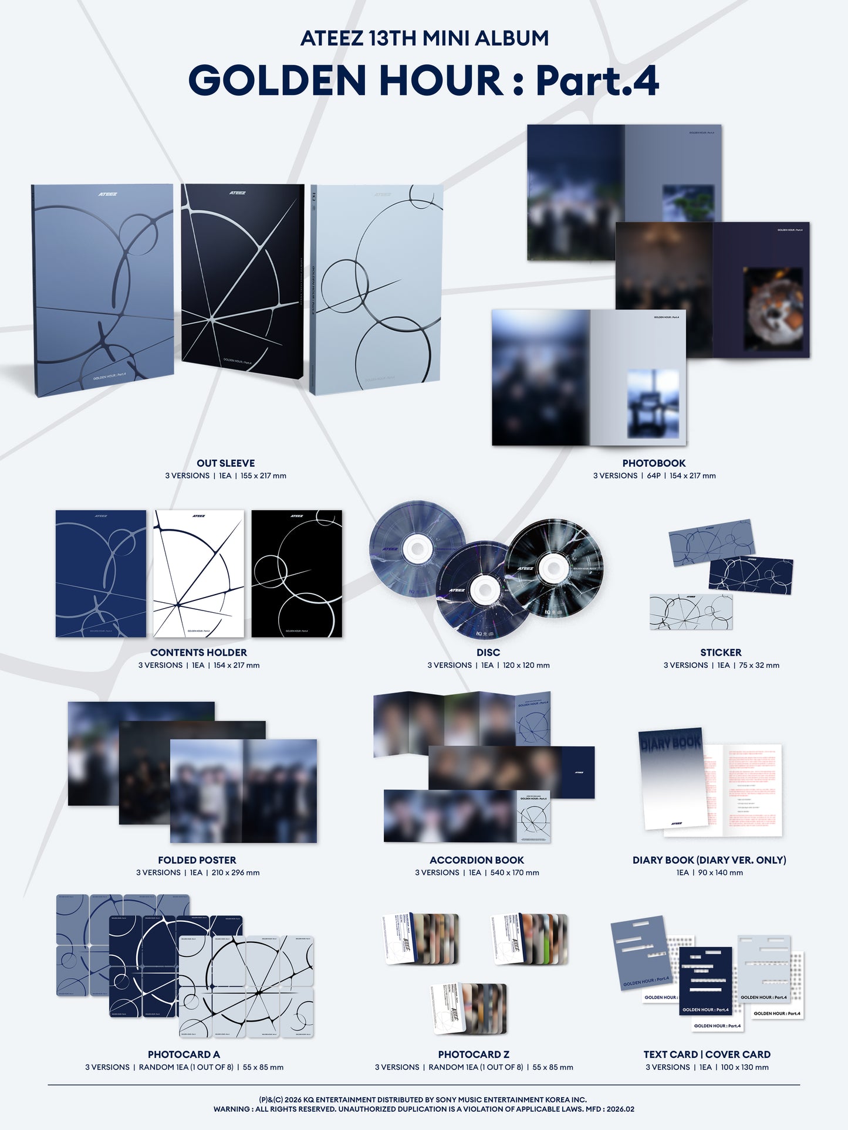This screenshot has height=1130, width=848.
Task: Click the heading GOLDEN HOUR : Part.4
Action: coord(424,80)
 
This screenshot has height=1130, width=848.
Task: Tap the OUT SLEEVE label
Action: coord(225,463)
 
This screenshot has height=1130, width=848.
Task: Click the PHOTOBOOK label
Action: coord(654,463)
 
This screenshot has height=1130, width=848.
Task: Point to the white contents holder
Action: coord(198,574)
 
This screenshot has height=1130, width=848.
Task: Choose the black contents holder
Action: coord(296,574)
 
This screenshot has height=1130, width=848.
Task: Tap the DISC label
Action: coord(488,652)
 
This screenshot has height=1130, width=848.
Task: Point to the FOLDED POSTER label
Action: coord(197,860)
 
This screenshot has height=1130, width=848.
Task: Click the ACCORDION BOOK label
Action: coord(477,860)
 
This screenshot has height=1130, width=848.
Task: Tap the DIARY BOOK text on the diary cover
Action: coord(671,742)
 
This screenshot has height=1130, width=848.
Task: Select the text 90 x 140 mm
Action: coord(720,873)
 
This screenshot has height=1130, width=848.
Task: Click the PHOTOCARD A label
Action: coord(184,1054)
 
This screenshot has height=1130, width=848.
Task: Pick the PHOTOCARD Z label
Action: coord(474,1054)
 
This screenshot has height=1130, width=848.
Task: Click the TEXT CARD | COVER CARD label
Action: coord(707,1054)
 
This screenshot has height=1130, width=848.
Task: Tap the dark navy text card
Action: coord(706,980)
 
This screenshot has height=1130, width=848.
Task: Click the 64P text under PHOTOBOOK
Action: coord(654,476)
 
